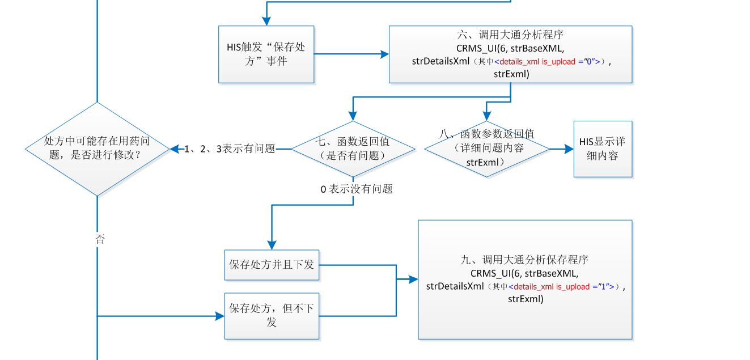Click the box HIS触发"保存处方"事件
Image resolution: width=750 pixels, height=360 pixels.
coord(266,54)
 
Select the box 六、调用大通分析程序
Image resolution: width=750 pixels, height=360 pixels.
coord(510,54)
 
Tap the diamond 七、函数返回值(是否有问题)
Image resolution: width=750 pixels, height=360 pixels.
coord(353,149)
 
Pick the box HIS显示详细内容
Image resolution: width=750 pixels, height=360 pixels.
coord(602,149)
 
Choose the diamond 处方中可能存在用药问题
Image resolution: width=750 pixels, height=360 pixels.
coord(98,149)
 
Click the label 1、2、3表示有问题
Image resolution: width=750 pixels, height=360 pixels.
coord(230,149)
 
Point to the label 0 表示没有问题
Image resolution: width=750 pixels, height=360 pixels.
coord(356,189)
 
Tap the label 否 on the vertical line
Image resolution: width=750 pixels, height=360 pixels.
coord(100,239)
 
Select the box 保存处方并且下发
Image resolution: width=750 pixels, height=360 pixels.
coord(272,265)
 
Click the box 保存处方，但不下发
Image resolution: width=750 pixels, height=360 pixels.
coord(272,316)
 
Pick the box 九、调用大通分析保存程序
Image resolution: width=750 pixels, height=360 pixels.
coord(525,279)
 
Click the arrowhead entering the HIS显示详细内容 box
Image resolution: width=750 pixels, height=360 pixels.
coord(569,149)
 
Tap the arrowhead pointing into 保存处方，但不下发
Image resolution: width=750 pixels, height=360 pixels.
coord(220,316)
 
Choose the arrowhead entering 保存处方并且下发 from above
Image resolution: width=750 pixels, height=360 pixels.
coord(272,245)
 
